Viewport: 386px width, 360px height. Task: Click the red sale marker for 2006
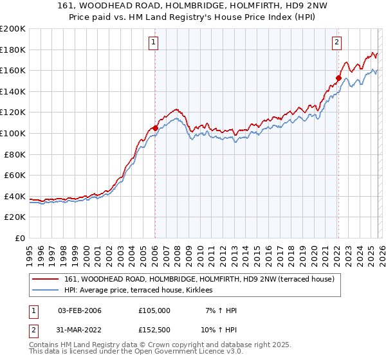pyautogui.click(x=155, y=128)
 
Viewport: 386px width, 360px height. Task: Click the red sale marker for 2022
pyautogui.click(x=338, y=78)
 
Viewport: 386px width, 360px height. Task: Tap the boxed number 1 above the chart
pyautogui.click(x=154, y=43)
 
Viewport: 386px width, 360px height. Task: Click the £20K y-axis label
pyautogui.click(x=15, y=217)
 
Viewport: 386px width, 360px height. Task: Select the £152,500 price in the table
pyautogui.click(x=154, y=330)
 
